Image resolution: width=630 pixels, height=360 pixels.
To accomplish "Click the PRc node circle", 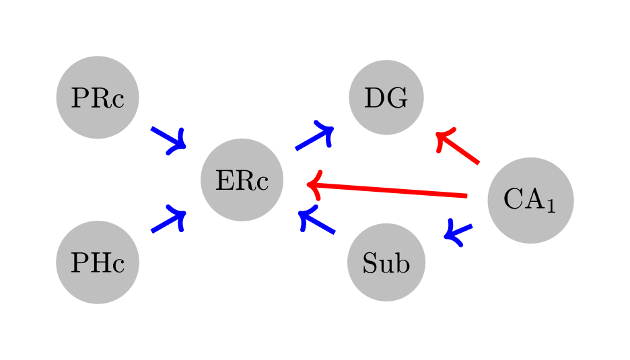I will coord(97,98).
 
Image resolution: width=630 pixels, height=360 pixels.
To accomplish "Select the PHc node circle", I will coord(97,262).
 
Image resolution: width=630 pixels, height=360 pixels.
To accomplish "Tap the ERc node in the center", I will coord(242,180).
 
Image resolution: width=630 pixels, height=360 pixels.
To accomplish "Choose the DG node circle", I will coord(386,98).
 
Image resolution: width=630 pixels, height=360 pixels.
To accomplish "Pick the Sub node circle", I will coord(386,262).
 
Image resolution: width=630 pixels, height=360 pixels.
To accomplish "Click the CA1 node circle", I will coord(530,200).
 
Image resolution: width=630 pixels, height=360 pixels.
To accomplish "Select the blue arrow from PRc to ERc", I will coord(168,137).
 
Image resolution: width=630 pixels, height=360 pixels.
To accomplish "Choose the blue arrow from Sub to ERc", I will coord(318,223).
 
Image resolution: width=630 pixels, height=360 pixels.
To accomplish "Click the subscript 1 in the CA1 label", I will coord(551,207).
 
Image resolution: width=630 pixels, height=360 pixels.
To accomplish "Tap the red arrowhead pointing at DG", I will coord(443,137).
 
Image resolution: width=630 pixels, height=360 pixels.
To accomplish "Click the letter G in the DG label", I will coord(397,98).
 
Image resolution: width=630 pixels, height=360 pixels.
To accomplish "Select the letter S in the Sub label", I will coord(370,263).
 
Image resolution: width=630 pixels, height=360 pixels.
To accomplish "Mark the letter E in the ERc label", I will coord(223,180).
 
